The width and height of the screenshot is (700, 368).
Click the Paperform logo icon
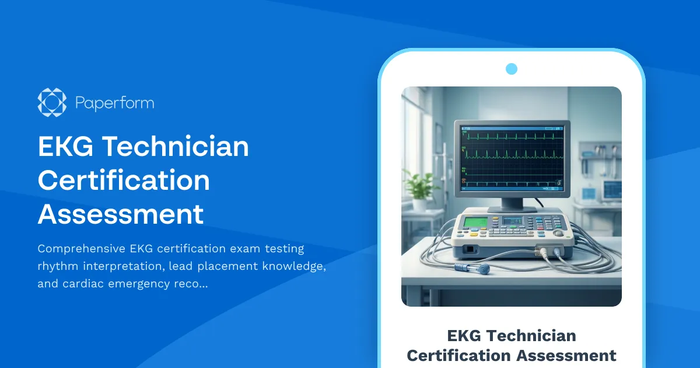(52, 102)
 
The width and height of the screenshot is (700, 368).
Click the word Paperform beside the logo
(114, 103)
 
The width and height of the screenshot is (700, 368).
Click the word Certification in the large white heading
(124, 180)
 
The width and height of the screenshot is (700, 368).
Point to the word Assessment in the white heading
(121, 214)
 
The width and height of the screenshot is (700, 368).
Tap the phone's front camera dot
(512, 69)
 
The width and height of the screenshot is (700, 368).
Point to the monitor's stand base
(512, 208)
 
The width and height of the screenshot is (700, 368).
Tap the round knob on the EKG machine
(559, 233)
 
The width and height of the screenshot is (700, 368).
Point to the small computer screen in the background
(612, 189)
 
